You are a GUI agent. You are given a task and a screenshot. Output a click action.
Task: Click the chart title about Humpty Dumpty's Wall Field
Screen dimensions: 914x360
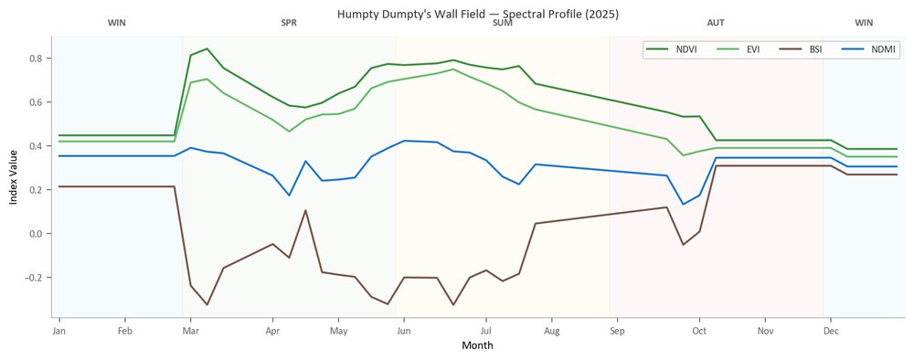(x=477, y=15)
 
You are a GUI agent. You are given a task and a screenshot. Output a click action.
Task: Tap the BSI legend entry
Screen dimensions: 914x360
(x=801, y=49)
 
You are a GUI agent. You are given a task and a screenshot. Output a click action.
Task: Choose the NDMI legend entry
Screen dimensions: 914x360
(x=866, y=49)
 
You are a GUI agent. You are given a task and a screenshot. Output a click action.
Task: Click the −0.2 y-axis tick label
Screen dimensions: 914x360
(x=37, y=277)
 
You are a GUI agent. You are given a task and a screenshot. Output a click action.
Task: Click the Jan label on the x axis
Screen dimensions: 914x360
(x=58, y=332)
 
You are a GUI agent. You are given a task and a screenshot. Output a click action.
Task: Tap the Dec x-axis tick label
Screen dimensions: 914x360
(x=831, y=332)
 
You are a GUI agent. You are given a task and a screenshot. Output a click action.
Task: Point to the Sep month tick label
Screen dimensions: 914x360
(x=617, y=332)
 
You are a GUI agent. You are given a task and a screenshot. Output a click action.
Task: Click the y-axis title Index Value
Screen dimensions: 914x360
(x=14, y=176)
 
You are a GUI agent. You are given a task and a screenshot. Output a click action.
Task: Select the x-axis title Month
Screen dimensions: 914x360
(x=477, y=345)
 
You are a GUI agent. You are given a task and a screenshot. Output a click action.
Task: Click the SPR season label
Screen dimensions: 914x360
(x=289, y=24)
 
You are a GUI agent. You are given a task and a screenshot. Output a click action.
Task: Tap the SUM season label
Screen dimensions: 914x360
(x=503, y=24)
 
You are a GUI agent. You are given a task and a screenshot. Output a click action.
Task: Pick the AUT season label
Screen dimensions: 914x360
(x=716, y=24)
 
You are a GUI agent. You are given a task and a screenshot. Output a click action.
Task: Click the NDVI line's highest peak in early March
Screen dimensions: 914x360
(x=207, y=49)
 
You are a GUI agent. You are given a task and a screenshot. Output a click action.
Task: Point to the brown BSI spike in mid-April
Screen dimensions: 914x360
(x=305, y=210)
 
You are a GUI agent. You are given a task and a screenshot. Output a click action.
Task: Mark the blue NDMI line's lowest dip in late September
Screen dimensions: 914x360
(x=683, y=205)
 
